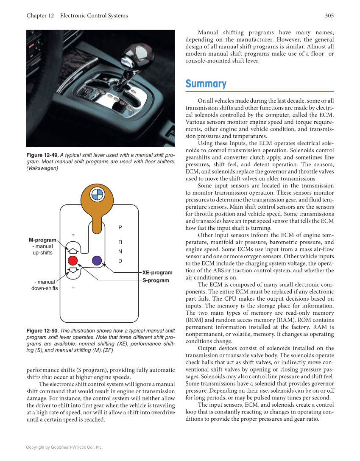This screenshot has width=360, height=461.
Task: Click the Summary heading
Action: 206,84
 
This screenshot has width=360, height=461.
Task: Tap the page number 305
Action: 329,16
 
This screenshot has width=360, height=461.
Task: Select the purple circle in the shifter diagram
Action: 97,260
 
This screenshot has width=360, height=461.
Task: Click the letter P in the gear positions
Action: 120,228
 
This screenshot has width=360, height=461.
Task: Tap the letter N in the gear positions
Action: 120,251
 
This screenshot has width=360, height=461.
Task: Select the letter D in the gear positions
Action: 120,260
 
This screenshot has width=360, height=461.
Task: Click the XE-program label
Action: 157,273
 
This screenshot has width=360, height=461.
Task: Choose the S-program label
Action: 156,280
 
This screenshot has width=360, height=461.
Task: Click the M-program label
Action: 42,240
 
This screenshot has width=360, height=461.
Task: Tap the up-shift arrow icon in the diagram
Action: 73,251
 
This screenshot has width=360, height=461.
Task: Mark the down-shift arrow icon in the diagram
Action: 73,270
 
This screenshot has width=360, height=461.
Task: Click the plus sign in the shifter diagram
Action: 73,235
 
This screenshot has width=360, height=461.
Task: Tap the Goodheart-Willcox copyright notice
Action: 64,447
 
